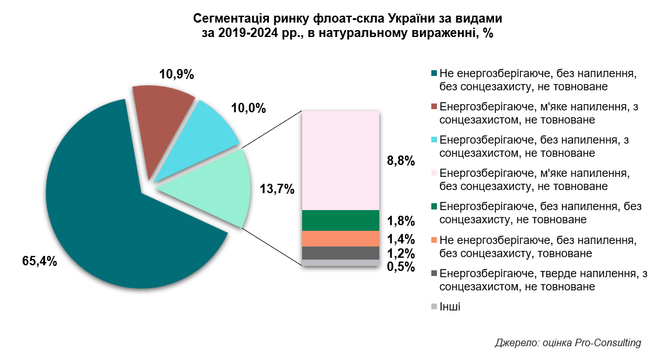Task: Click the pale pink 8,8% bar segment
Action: pos(340,161)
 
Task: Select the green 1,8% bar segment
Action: pos(340,220)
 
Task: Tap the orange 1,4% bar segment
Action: pos(340,238)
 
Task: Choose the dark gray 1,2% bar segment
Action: pos(340,253)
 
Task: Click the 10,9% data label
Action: pos(176,74)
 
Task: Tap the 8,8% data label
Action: pos(401,161)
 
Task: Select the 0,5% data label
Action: pos(401,267)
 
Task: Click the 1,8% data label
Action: pos(401,221)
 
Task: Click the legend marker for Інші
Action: pos(434,307)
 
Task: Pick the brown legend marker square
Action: pos(434,106)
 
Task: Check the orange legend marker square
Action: pos(434,240)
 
